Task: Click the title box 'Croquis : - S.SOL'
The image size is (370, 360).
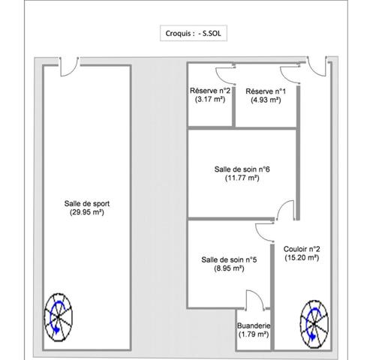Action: click(194, 33)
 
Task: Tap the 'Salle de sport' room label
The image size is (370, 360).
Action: click(87, 203)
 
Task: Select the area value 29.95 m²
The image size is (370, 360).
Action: click(87, 212)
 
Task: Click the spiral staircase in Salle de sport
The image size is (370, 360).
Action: click(59, 317)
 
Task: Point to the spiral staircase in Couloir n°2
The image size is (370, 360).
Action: click(314, 324)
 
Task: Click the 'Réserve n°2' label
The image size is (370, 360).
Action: click(210, 91)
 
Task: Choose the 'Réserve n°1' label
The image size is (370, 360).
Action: click(266, 91)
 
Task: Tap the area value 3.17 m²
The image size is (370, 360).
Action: click(210, 99)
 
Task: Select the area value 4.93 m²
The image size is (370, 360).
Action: click(266, 100)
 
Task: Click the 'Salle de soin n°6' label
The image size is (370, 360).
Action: click(242, 169)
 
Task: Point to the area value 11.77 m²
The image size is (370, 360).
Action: click(242, 178)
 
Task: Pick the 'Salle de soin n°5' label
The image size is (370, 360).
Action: click(229, 259)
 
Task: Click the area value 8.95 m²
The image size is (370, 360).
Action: click(229, 268)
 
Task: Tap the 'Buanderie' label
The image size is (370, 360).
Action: click(254, 325)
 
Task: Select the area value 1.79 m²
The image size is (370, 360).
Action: click(254, 334)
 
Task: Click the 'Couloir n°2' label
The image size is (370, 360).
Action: click(302, 249)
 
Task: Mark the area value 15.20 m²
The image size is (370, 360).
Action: click(302, 258)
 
